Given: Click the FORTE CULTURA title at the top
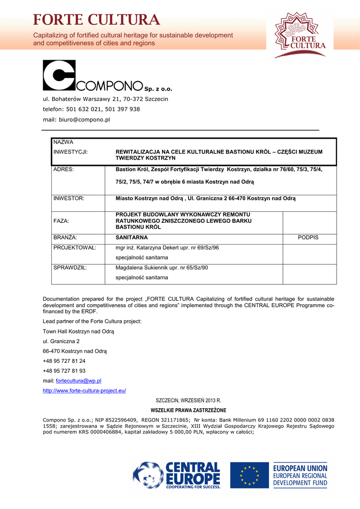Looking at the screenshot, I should point(96,20).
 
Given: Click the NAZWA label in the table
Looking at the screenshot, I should point(63,143).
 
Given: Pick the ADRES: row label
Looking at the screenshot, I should point(64,170).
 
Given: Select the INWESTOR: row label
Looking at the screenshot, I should point(69,198).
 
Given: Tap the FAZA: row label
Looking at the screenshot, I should point(61,220).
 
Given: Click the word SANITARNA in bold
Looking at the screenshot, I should point(132,238).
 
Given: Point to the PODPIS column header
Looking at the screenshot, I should point(308,238).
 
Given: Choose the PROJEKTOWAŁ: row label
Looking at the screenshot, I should point(75,248).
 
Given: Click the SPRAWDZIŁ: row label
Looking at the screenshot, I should point(70,267).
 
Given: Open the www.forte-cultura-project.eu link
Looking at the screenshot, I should point(85,391).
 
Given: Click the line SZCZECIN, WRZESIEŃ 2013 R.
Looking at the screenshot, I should point(188,400).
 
